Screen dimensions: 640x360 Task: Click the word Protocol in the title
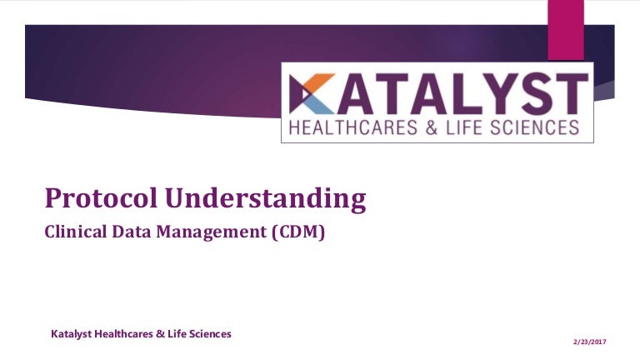101,198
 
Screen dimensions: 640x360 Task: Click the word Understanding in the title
266,199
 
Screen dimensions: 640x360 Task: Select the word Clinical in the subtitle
76,232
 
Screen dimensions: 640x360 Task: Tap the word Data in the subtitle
132,232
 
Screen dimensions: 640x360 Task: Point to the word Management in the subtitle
212,232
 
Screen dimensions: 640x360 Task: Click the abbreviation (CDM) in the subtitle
298,232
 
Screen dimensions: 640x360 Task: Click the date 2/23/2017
590,342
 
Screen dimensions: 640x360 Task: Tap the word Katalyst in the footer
72,334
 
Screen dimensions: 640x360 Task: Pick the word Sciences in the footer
211,334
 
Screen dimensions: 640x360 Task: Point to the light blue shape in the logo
320,105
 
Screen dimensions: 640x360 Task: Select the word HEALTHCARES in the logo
353,127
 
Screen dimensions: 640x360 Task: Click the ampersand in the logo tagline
432,127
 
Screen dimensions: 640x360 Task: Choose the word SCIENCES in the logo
534,127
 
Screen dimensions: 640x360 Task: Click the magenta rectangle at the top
566,30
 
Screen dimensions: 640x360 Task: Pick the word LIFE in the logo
463,127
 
